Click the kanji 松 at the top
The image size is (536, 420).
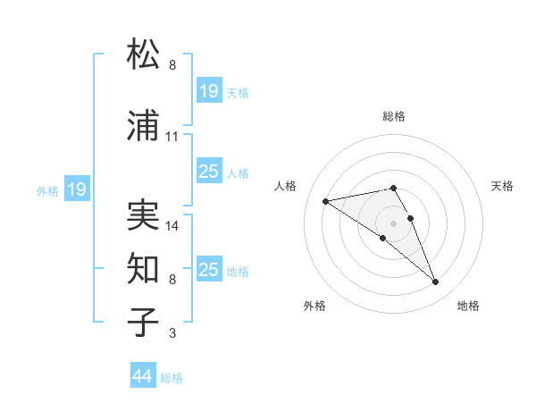pos(143,55)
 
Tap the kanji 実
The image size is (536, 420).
pos(143,214)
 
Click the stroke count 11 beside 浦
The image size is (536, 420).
pos(172,137)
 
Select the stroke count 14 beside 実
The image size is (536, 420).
pos(172,225)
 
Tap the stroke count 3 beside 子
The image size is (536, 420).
pos(172,333)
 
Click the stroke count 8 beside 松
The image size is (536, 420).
pos(172,65)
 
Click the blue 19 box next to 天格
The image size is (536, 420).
pos(209,91)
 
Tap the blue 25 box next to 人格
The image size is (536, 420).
pos(209,172)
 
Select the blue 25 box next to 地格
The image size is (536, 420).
pos(209,270)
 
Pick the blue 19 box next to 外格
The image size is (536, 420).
pos(77,189)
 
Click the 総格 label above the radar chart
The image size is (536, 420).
pos(394,116)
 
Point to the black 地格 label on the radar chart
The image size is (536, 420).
pos(468,306)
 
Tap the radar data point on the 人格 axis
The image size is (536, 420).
pos(326,200)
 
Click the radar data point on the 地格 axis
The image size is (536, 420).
pos(436,282)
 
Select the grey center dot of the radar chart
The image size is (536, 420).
pos(394,223)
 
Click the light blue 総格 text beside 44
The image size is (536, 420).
pos(172,378)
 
